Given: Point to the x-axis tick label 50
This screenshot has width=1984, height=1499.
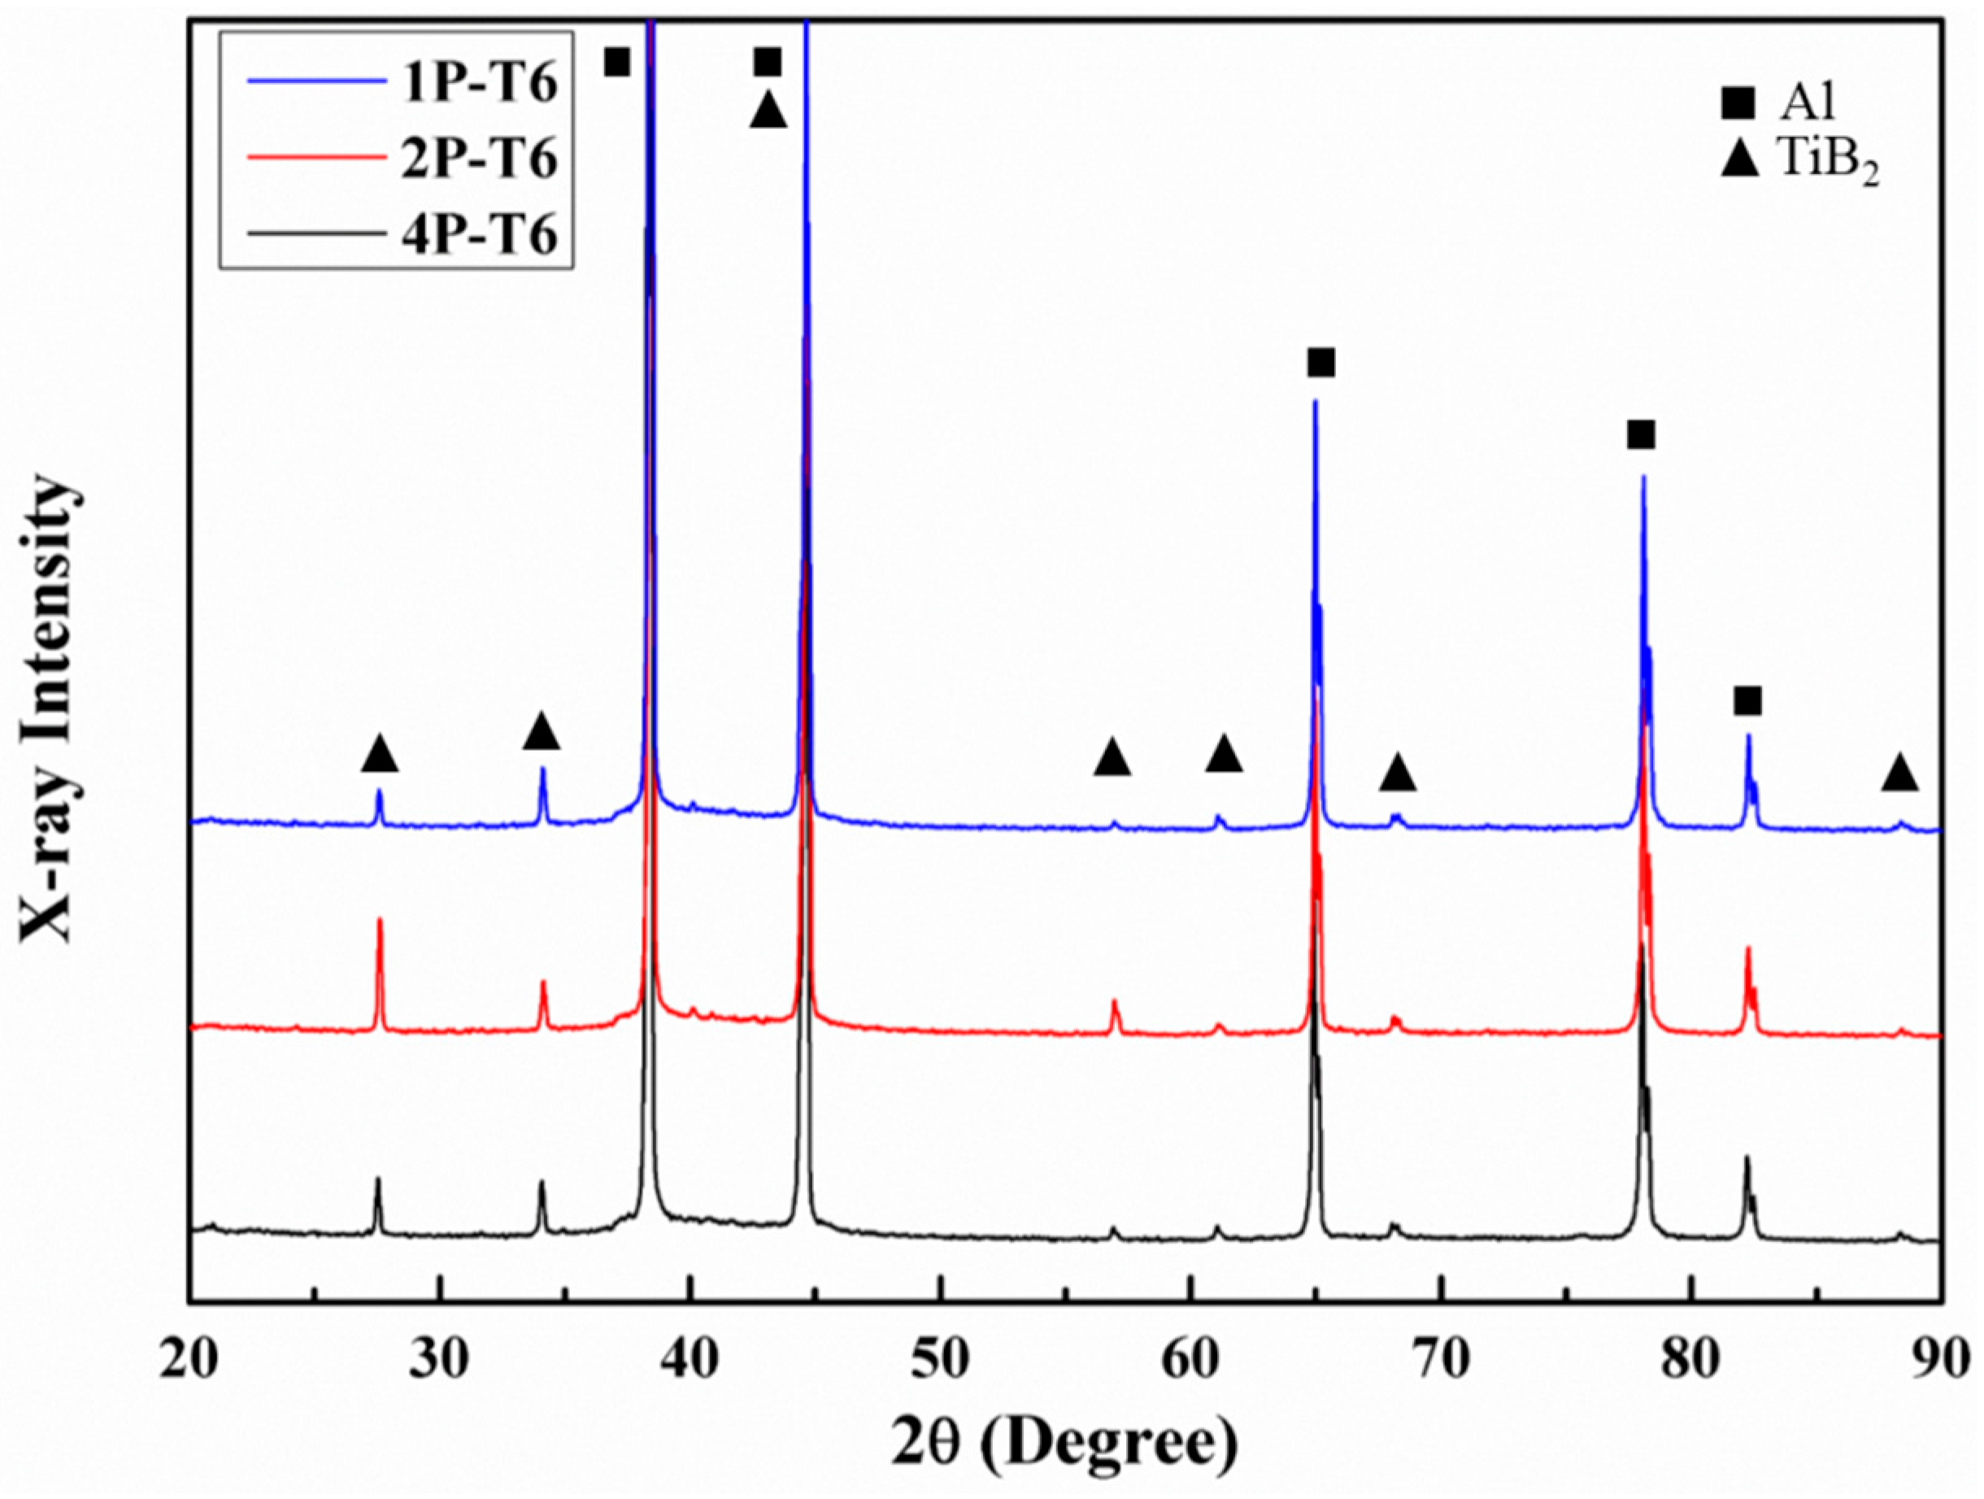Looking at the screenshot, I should pyautogui.click(x=941, y=1359).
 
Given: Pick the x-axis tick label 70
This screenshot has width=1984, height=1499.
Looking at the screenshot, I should pyautogui.click(x=1441, y=1359).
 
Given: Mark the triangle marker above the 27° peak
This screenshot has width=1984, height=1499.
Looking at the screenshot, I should pyautogui.click(x=380, y=753).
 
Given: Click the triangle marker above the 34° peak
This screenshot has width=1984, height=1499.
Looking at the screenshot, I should pyautogui.click(x=541, y=732).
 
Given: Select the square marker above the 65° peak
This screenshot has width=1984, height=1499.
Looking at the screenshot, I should pyautogui.click(x=1320, y=364).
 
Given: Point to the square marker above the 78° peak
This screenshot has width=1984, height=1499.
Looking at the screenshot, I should pyautogui.click(x=1641, y=436).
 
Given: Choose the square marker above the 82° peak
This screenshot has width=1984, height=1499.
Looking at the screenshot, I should pyautogui.click(x=1747, y=701).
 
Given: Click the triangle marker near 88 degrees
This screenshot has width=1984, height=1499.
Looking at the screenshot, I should pyautogui.click(x=1899, y=773).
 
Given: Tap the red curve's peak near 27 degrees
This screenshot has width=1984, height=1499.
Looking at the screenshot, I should pyautogui.click(x=380, y=921).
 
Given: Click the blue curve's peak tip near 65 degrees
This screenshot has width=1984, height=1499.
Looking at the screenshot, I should pyautogui.click(x=1315, y=401).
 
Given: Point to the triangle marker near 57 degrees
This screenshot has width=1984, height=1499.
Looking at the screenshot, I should pyautogui.click(x=1112, y=758).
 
